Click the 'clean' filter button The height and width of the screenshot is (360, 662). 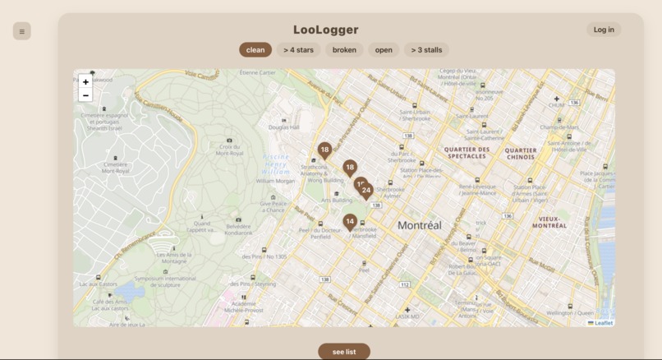pyautogui.click(x=255, y=50)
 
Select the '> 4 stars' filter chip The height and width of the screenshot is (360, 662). pyautogui.click(x=298, y=50)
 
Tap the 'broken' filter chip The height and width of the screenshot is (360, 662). pyautogui.click(x=344, y=50)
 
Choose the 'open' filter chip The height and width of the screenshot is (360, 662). pyautogui.click(x=384, y=50)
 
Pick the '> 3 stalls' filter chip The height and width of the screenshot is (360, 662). pyautogui.click(x=426, y=50)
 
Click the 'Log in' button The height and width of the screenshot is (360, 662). pyautogui.click(x=604, y=30)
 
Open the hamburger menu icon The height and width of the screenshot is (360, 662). pyautogui.click(x=22, y=32)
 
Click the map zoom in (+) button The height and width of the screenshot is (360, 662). pyautogui.click(x=85, y=82)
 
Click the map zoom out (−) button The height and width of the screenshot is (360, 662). pyautogui.click(x=85, y=95)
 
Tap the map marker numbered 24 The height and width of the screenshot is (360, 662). pyautogui.click(x=366, y=191)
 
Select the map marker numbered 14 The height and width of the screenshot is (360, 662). pyautogui.click(x=350, y=222)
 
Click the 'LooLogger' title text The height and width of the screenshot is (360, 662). pyautogui.click(x=326, y=30)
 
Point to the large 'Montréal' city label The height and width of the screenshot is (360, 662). pyautogui.click(x=419, y=225)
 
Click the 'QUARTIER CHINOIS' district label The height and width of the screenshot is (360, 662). pyautogui.click(x=521, y=154)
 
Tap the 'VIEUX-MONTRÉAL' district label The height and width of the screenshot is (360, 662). pyautogui.click(x=549, y=222)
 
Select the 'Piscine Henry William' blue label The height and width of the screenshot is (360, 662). pyautogui.click(x=276, y=164)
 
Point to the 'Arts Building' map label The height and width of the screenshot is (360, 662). pyautogui.click(x=336, y=200)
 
